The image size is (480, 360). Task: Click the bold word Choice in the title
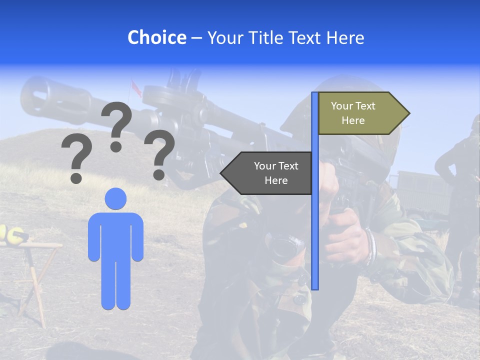(156, 37)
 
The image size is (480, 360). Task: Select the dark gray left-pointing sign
(267, 173)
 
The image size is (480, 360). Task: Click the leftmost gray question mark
(76, 160)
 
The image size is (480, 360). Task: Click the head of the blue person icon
(115, 198)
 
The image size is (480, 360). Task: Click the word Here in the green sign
(353, 120)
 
